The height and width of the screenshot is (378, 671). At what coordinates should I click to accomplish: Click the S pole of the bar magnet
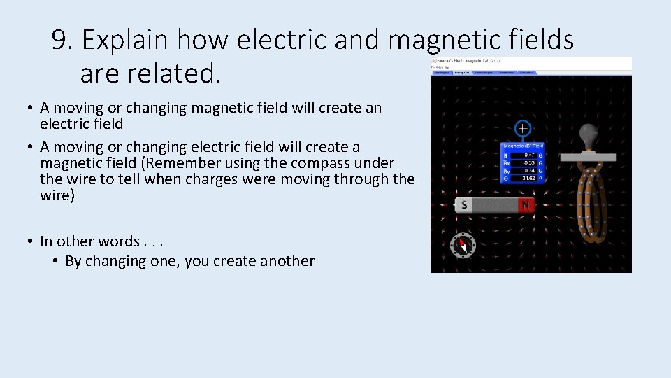click(464, 205)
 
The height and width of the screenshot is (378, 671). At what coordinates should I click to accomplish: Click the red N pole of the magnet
click(526, 205)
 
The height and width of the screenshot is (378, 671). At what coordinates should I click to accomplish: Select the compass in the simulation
click(462, 245)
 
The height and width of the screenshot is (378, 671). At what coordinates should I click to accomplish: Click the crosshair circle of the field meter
click(522, 128)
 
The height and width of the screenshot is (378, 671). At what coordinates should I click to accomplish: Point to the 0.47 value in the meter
click(529, 155)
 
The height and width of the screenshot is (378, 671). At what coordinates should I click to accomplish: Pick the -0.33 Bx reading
click(528, 162)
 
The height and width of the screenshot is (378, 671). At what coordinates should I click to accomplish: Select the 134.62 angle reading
click(528, 178)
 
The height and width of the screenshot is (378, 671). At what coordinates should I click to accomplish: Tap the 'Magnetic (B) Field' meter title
click(524, 146)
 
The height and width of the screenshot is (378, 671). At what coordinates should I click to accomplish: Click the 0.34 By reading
click(529, 170)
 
